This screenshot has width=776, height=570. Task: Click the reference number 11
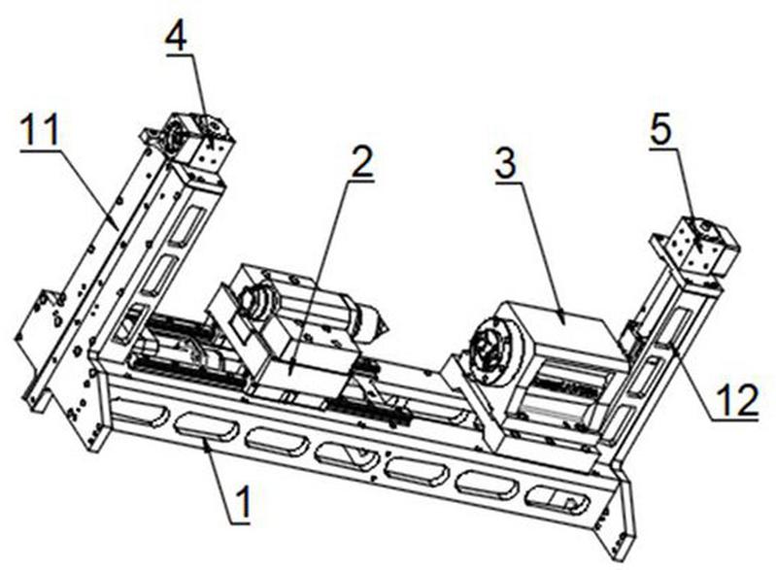38,128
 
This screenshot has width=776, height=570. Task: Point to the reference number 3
505,163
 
